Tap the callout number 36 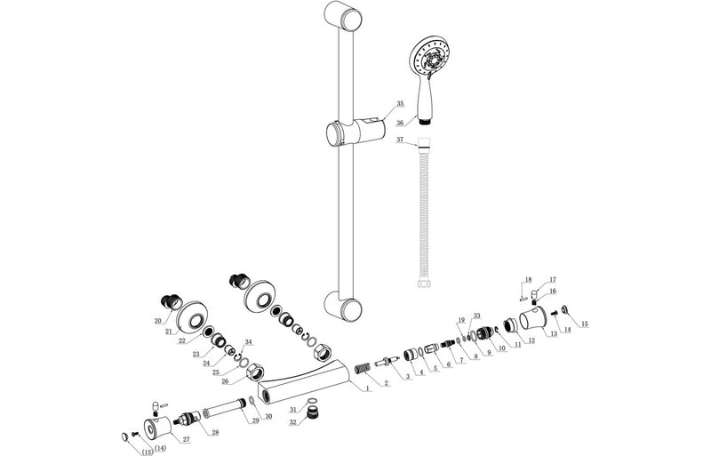pos(400,124)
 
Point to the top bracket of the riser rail pos(345,18)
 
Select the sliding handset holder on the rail pos(353,133)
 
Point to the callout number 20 pos(157,321)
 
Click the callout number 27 pos(185,439)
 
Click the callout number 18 pos(527,279)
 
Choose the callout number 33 pos(477,316)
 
